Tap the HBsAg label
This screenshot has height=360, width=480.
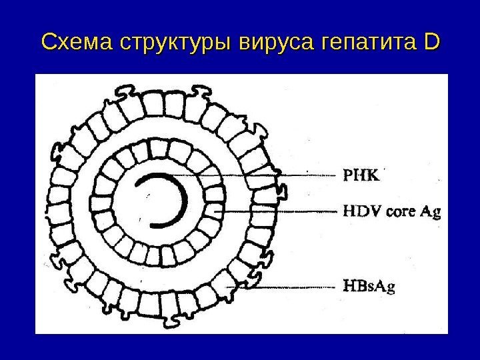(369, 287)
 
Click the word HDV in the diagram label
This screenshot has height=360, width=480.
(359, 212)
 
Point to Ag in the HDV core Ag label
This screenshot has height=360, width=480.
(431, 213)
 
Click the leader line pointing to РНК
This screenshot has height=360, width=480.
(267, 175)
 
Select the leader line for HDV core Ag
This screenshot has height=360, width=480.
(280, 211)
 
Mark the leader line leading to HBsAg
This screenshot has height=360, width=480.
(280, 287)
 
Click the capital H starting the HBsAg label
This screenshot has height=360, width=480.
(349, 287)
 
